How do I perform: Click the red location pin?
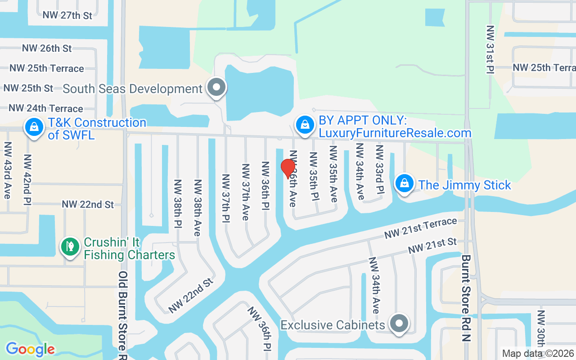(288, 168)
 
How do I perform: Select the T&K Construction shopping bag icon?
(34, 127)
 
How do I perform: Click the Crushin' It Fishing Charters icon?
(70, 247)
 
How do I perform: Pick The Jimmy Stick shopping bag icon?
(405, 184)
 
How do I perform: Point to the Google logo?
(30, 349)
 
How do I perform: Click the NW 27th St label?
(67, 15)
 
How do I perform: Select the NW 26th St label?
(47, 48)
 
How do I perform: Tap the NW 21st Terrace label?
(420, 229)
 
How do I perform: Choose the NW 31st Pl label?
(490, 49)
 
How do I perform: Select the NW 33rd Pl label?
(379, 169)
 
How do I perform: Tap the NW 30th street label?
(541, 333)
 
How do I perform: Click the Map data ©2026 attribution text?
(538, 354)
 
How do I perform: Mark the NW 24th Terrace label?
(46, 108)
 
